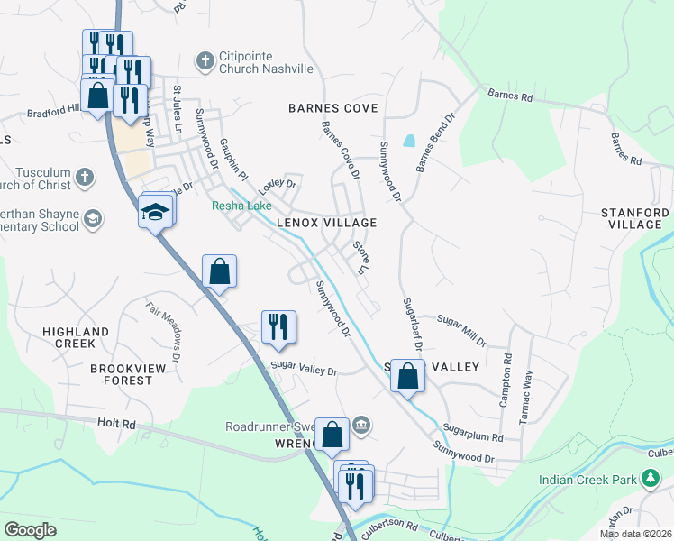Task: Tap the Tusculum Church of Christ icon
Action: (84, 177)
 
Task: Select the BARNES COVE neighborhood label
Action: (332, 108)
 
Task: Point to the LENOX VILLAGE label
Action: (325, 222)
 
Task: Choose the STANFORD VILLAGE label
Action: (635, 219)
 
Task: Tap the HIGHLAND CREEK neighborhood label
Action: (75, 337)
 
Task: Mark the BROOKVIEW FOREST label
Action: (121, 374)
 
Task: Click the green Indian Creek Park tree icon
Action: (650, 479)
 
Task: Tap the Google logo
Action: (30, 530)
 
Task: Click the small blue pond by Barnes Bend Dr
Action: (410, 141)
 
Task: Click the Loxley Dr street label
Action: (278, 187)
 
